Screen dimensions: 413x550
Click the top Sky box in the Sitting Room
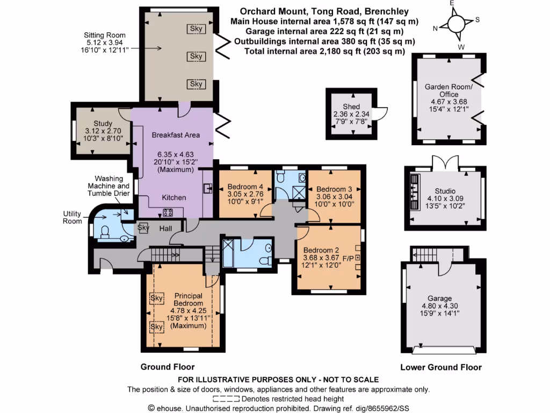tap(197, 29)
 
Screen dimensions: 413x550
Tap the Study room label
tap(103, 124)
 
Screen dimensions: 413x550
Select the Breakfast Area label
tap(176, 135)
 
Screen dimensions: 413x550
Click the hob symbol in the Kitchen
tap(168, 211)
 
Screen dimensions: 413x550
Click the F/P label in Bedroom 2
tap(349, 259)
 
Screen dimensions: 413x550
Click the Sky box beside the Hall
tap(143, 227)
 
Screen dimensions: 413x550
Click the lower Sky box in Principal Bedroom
tap(156, 326)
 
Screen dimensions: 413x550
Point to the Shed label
tap(351, 107)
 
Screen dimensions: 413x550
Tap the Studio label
tap(445, 191)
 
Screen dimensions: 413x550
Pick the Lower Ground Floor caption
tap(441, 368)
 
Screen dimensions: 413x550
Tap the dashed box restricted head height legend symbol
tap(226, 399)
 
